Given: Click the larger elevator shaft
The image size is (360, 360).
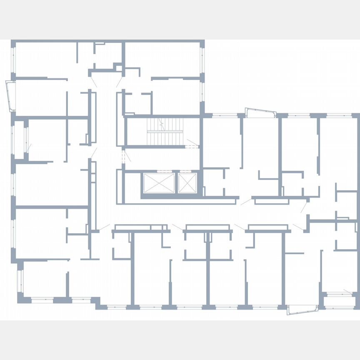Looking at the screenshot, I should coord(159,183).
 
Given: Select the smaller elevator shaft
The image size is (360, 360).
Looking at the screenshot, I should coord(187,182).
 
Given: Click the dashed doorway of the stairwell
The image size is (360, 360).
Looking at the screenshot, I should coord(192,146).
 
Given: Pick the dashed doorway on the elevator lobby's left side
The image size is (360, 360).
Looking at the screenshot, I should coord(123,157).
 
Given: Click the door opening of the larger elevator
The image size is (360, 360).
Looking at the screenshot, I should coord(159,171).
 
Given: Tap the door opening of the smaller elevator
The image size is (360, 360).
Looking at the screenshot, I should coord(187,171).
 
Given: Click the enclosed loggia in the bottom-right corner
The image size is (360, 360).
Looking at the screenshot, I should coord(340,301).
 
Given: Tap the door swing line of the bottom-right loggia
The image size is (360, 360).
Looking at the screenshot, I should coord(347,291).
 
